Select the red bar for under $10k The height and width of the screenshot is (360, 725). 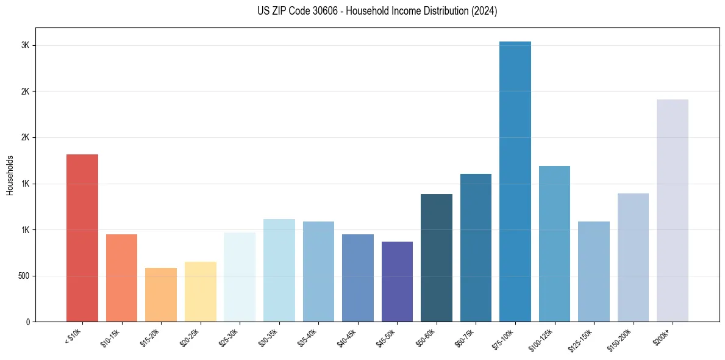82,238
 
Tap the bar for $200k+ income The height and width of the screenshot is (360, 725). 673,211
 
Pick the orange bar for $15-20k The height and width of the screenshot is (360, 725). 161,295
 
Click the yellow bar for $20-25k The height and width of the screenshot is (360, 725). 201,292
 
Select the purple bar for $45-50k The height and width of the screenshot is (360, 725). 397,281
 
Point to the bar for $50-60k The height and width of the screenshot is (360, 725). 437,257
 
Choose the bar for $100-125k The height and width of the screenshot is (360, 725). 554,243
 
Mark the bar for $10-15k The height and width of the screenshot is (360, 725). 121,278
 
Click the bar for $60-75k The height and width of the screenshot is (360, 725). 476,248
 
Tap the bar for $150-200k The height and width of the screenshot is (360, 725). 633,257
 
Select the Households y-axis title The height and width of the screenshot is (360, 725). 10,175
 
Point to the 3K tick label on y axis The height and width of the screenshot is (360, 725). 26,46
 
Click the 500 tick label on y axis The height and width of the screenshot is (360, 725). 23,276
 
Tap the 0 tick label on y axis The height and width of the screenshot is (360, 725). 28,322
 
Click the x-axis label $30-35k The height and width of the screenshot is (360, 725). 271,338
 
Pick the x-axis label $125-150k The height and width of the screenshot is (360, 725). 584,339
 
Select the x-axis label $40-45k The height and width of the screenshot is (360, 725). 349,338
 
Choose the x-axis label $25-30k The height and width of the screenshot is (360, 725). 231,338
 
